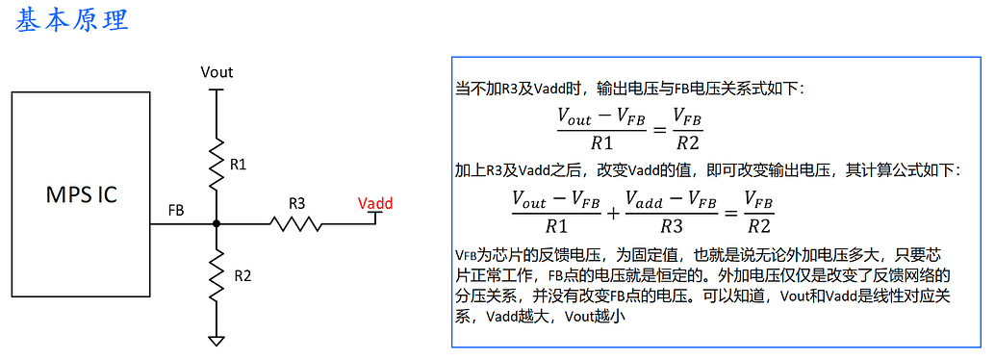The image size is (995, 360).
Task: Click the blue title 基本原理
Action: [71, 20]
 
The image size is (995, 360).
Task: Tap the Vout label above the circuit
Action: [217, 72]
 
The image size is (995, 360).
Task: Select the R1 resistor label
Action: [239, 165]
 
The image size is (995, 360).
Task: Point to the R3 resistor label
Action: [297, 203]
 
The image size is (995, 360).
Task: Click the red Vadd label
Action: [374, 203]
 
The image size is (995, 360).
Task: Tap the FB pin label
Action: [176, 209]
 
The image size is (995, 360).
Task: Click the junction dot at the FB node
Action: [217, 223]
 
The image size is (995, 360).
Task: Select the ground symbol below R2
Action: [217, 339]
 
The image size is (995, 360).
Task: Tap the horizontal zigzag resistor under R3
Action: [294, 223]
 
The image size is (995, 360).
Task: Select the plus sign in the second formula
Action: [614, 212]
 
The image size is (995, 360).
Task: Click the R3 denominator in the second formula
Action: [672, 226]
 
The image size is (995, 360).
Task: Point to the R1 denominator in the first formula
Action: [602, 143]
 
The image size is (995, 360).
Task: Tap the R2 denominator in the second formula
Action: [759, 226]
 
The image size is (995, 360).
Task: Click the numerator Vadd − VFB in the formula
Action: [672, 199]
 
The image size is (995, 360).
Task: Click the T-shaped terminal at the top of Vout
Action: [217, 91]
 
